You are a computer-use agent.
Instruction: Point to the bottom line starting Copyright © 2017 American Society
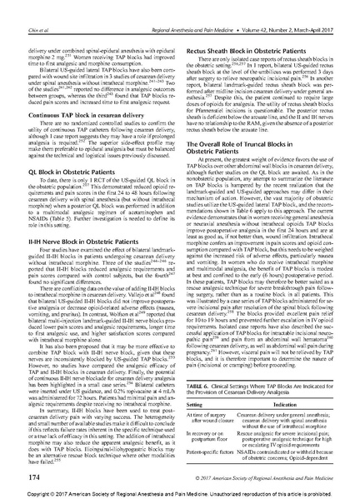[x=180, y=493]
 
